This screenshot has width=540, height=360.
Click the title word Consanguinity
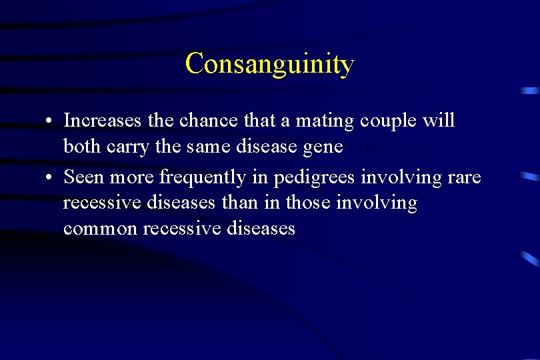pyautogui.click(x=269, y=64)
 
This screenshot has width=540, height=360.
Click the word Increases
pyautogui.click(x=102, y=121)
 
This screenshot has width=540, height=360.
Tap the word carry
pyautogui.click(x=125, y=147)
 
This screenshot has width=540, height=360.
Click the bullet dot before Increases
pyautogui.click(x=50, y=122)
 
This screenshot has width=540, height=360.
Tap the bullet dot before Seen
pyautogui.click(x=50, y=177)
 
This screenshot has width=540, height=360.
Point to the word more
pyautogui.click(x=132, y=177)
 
